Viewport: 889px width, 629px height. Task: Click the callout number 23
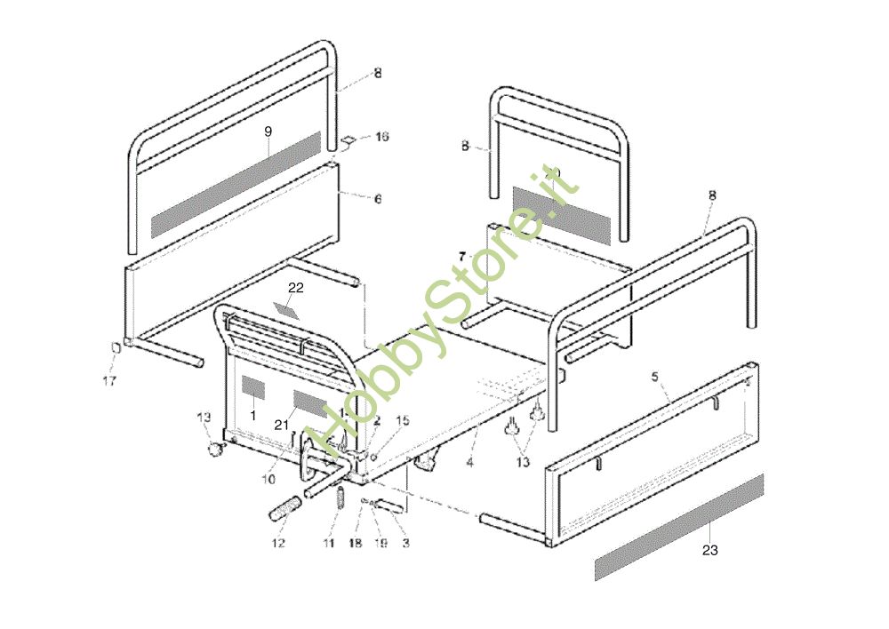[709, 551]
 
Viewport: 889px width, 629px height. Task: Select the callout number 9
[268, 131]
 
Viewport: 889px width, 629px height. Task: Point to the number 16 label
[382, 137]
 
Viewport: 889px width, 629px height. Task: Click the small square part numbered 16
[350, 140]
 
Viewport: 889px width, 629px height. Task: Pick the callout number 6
[377, 200]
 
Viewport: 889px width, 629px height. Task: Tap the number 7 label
[461, 256]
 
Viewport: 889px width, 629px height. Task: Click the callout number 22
[296, 288]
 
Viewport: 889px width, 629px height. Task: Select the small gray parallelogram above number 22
[289, 309]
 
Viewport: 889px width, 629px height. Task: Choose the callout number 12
[278, 543]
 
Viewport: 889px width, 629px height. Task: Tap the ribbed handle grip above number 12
[284, 513]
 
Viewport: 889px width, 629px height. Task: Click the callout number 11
[329, 543]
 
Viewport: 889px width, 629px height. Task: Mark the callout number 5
[655, 377]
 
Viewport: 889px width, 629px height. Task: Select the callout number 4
[470, 462]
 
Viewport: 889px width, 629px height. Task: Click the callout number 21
[281, 426]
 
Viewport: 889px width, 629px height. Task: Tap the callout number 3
[405, 542]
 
